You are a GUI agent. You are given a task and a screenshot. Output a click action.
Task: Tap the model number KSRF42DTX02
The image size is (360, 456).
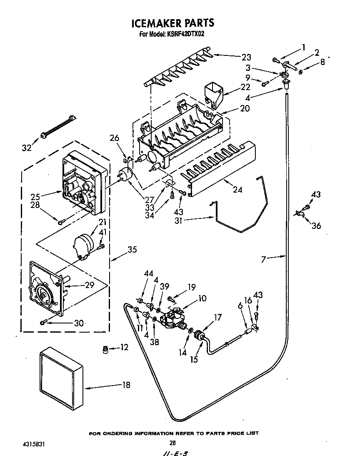[184, 35]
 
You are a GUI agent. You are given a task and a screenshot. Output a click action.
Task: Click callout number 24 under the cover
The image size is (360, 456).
[237, 190]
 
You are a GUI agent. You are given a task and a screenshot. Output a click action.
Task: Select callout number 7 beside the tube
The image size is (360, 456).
[263, 260]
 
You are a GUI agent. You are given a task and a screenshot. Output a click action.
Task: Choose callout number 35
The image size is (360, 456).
[132, 250]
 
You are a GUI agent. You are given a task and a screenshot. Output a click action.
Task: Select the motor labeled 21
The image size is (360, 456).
[83, 244]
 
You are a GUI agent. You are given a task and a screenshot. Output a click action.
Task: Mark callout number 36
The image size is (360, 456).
[316, 225]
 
